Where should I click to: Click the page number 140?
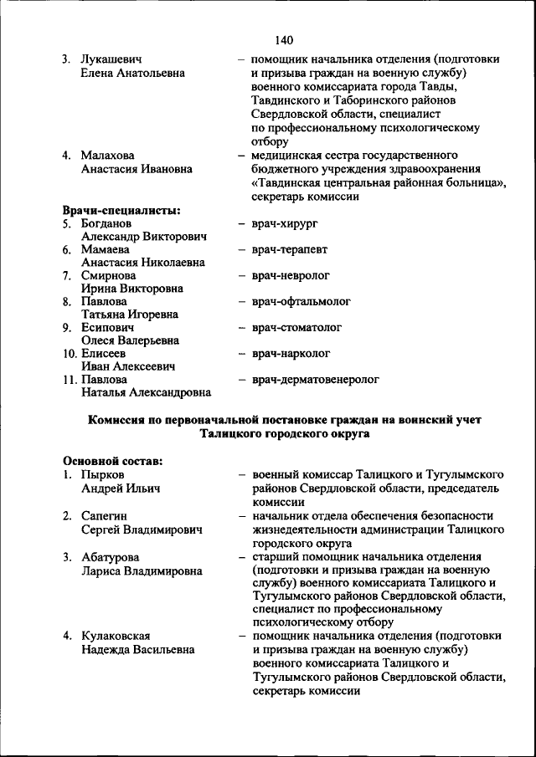click(x=282, y=39)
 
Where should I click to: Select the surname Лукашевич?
click(x=111, y=60)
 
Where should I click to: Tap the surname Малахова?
click(x=107, y=156)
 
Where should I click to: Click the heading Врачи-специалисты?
click(x=122, y=210)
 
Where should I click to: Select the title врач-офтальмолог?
click(x=301, y=301)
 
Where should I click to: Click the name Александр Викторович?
click(x=144, y=237)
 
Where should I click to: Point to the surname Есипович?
click(x=107, y=328)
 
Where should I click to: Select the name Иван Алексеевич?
click(x=127, y=366)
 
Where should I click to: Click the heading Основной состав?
click(x=112, y=460)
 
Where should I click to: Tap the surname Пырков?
click(x=102, y=474)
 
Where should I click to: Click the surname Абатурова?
click(x=110, y=557)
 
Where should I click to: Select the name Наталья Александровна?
click(x=146, y=392)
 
